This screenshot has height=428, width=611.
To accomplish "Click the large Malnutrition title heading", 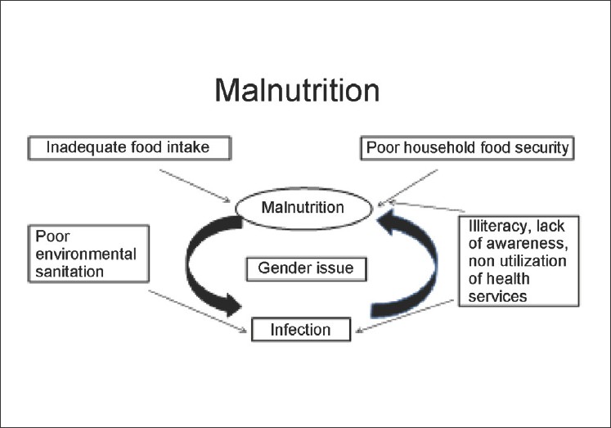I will click(297, 90).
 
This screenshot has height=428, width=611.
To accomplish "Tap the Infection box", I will click(301, 330).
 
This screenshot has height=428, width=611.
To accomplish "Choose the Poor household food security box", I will click(468, 149).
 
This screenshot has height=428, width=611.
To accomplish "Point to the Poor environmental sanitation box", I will click(85, 255).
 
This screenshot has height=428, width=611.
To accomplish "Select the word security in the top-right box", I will click(544, 149).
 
